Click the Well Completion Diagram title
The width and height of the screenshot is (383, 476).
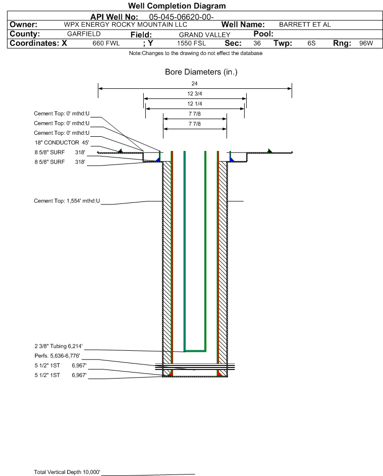pos(177,6)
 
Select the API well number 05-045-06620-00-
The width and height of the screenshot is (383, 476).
pos(181,17)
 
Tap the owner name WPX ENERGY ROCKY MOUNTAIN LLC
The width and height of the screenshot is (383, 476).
pos(125,25)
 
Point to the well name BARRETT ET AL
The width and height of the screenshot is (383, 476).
pos(305,25)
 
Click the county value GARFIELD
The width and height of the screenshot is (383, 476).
pos(84,34)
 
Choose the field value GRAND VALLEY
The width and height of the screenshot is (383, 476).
pos(204,35)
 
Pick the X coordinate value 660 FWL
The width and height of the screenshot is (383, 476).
pos(106,43)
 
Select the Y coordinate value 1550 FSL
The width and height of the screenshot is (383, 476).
pos(192,43)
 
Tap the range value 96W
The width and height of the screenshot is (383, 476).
pos(366,43)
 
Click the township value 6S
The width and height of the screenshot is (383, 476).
pos(311,43)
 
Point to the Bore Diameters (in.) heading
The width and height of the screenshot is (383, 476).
pos(201,72)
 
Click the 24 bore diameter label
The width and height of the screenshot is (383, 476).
pos(195,83)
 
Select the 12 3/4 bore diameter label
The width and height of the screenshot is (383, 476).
pos(195,93)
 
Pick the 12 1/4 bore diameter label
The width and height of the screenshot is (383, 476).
pos(195,103)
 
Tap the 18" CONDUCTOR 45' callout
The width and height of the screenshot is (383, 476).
pos(62,143)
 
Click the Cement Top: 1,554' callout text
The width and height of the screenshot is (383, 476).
pos(67,201)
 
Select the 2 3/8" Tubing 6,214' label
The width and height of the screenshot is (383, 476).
pos(59,346)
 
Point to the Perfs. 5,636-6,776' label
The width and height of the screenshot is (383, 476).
pos(58,356)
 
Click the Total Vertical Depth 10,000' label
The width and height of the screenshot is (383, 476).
pos(67,472)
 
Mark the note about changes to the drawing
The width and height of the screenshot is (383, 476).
pos(196,54)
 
